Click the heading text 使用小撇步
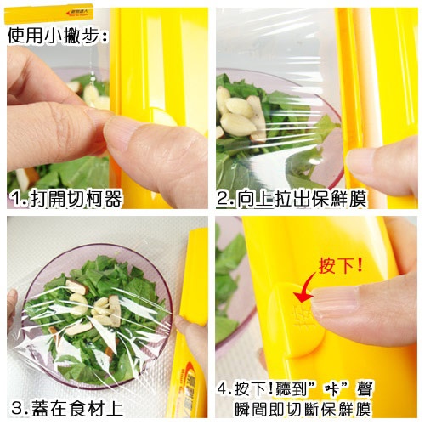coord(57,36)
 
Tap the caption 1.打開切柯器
coord(66,199)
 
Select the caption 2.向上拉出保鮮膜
coord(292,199)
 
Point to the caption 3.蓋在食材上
coord(67,408)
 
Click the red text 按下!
coord(341,265)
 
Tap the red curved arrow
coord(304,287)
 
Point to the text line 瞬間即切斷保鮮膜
coord(303,409)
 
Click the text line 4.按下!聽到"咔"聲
coord(295,389)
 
